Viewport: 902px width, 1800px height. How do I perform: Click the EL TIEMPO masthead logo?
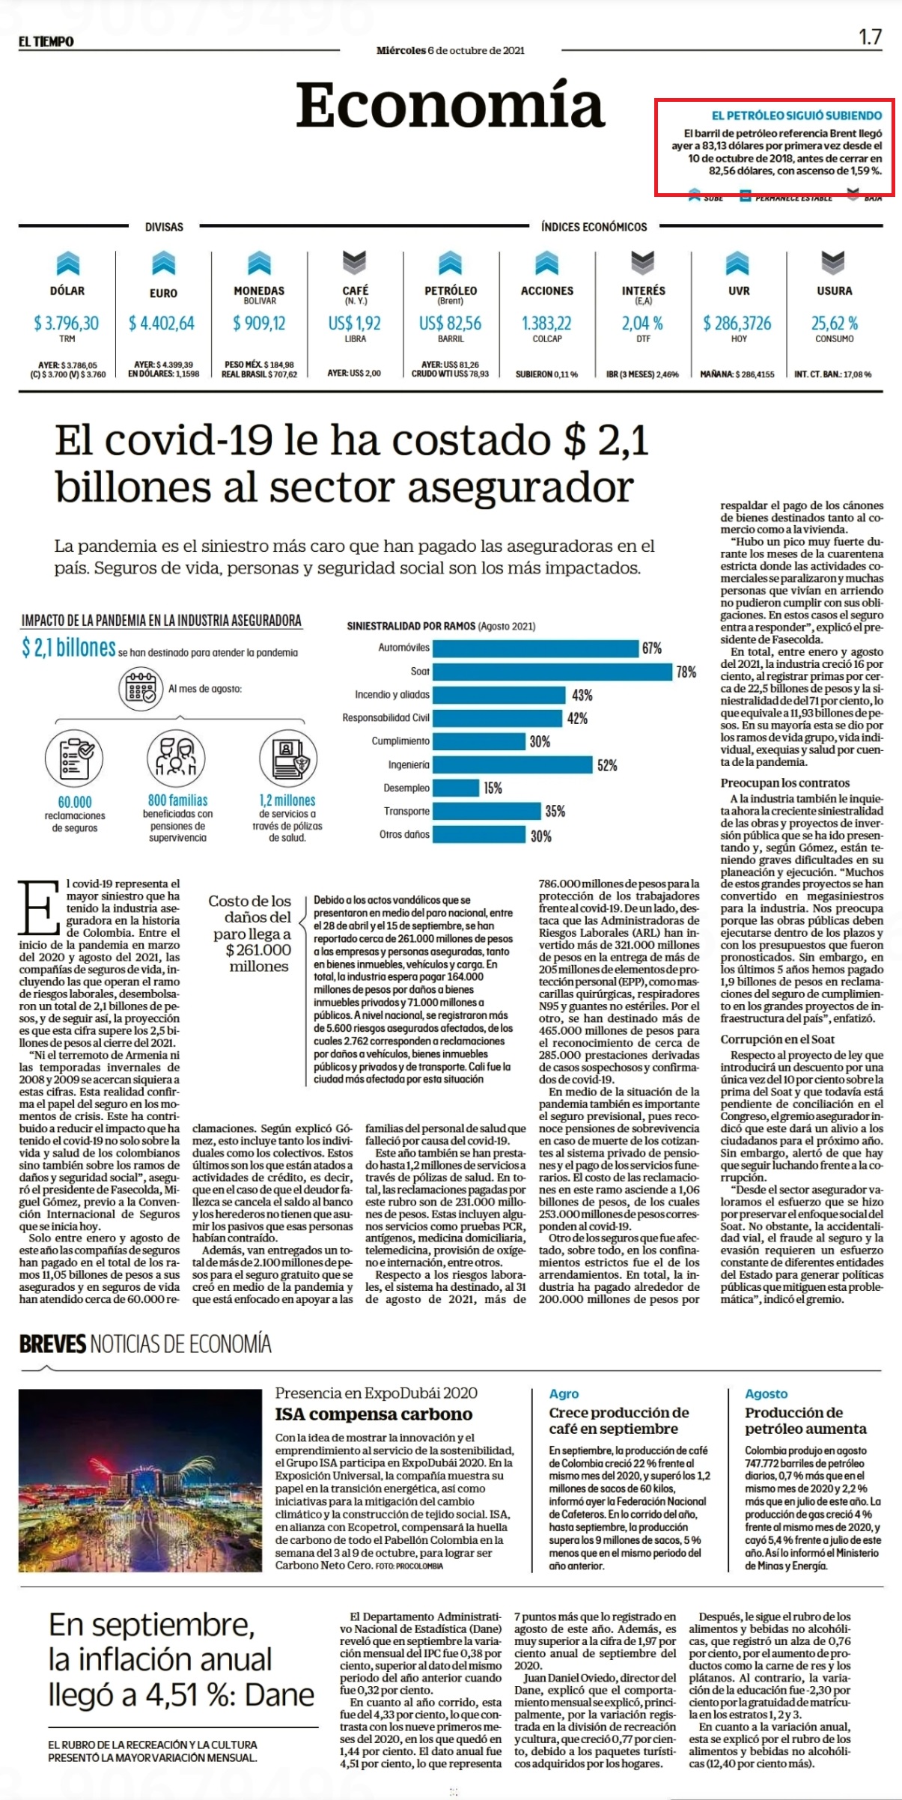click(46, 41)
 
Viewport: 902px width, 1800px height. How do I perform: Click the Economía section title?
click(450, 106)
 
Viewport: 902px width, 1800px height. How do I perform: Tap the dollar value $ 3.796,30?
click(66, 323)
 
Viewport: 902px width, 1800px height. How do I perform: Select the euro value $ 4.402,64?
click(162, 323)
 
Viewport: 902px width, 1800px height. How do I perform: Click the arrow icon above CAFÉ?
click(355, 263)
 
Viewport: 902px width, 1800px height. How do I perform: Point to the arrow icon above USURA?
click(834, 263)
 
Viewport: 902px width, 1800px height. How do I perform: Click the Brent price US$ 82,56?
click(451, 323)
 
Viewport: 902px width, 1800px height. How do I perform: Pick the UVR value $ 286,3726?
click(737, 323)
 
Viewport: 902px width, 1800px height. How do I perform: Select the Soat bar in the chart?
click(552, 672)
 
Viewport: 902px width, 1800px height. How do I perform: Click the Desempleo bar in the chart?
click(456, 788)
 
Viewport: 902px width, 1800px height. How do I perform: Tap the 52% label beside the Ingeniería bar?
click(607, 765)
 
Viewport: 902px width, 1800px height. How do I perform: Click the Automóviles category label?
click(403, 648)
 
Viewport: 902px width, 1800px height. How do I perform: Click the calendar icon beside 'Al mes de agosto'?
click(141, 690)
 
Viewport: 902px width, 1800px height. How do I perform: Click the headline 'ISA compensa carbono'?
click(374, 1414)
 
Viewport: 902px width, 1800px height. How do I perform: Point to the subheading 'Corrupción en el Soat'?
click(778, 1039)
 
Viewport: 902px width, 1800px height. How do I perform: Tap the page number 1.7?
click(870, 37)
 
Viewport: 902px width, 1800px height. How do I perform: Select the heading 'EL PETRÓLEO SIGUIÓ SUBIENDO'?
click(796, 115)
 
